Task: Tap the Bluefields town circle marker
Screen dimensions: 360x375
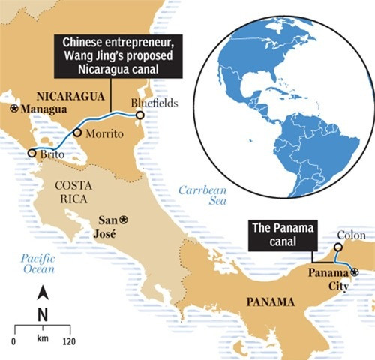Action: [139, 115]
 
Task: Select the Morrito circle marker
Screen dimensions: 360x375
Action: [77, 133]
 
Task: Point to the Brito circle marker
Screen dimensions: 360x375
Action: [31, 154]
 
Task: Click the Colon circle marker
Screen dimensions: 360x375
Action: [338, 247]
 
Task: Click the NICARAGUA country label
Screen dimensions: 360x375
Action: [49, 96]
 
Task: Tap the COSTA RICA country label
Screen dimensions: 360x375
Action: [73, 191]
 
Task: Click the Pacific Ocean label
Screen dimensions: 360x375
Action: [35, 264]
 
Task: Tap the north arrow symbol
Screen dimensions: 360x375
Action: [43, 292]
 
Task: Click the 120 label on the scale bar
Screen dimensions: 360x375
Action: [70, 341]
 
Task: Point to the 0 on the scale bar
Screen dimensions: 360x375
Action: [14, 341]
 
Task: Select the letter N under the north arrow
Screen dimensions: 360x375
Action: [43, 314]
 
